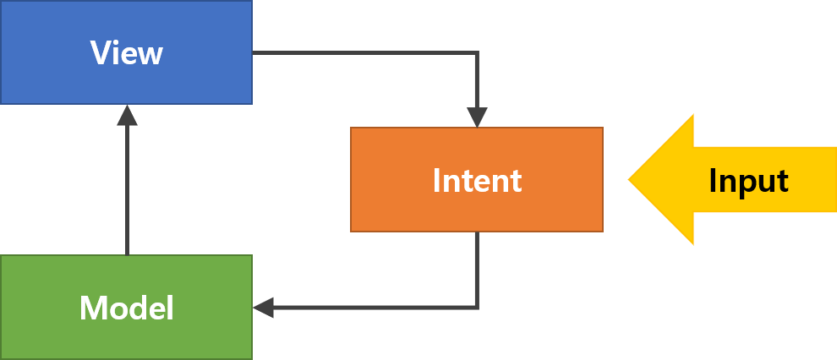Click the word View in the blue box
126,53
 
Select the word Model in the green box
126,308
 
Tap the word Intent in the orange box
477,180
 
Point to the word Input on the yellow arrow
748,181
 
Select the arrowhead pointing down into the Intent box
478,117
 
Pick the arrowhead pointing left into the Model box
263,308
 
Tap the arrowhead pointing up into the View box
127,115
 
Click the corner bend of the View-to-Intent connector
478,53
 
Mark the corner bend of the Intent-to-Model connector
478,308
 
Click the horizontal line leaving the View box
364,53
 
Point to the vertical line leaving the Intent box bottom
478,269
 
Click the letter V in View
100,53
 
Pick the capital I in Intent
436,180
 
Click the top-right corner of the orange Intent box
602,128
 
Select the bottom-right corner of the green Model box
251,358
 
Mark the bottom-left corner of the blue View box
2,103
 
